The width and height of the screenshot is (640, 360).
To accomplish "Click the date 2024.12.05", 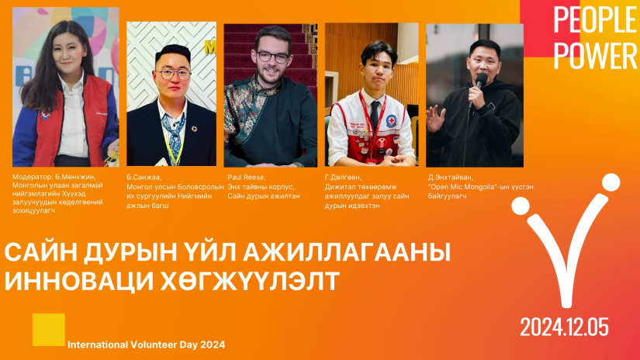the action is pyautogui.click(x=564, y=327).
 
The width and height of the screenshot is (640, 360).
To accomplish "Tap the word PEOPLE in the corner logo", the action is pyautogui.click(x=595, y=19).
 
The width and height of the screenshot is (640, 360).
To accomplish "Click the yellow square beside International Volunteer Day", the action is pyautogui.click(x=49, y=330).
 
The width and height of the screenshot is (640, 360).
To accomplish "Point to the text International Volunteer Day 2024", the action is pyautogui.click(x=146, y=344).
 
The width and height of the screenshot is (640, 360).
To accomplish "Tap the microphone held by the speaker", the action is pyautogui.click(x=480, y=81).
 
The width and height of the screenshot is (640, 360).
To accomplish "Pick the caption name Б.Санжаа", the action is pyautogui.click(x=144, y=177).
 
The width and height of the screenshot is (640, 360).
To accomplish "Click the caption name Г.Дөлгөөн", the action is pyautogui.click(x=342, y=177).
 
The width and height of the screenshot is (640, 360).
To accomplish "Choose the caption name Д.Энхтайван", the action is pyautogui.click(x=450, y=177).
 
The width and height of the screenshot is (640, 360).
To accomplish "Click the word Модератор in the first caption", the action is pyautogui.click(x=32, y=177).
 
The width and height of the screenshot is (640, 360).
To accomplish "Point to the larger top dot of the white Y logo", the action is pyautogui.click(x=611, y=182).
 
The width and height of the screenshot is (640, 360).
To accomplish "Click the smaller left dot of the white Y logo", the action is pyautogui.click(x=521, y=206).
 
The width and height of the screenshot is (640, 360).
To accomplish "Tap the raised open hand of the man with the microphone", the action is pyautogui.click(x=435, y=119).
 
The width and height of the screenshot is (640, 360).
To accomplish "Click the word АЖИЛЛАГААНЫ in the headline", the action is pyautogui.click(x=347, y=252).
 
